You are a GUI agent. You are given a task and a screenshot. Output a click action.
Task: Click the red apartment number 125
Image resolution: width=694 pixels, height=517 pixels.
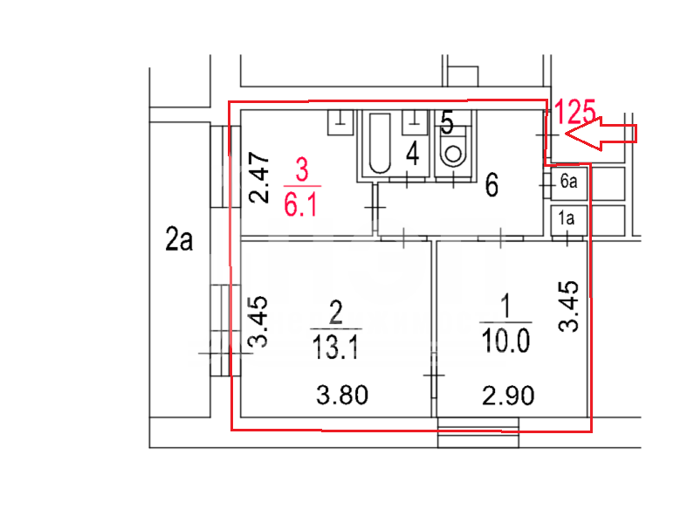tap(574, 112)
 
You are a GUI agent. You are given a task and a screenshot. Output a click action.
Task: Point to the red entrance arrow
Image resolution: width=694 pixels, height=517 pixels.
tap(601, 134)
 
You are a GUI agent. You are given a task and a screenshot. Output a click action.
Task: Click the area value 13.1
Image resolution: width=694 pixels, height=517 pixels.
tap(335, 347)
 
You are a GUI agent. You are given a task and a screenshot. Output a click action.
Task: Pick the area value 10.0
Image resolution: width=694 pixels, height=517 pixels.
tap(506, 341)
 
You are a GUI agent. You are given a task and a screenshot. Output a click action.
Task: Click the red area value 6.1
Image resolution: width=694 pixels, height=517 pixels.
tap(300, 205)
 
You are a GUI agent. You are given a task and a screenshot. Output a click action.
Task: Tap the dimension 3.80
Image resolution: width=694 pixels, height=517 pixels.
tap(342, 395)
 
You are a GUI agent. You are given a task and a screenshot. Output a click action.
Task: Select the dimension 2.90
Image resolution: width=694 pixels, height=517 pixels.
tap(508, 396)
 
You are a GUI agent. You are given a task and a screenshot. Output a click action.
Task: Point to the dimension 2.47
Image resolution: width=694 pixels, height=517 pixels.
tap(259, 177)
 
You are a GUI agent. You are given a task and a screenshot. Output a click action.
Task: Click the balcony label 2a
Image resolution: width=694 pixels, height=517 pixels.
tap(179, 239)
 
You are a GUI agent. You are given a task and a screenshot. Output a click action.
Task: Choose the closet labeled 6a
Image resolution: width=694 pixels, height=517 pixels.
tap(569, 182)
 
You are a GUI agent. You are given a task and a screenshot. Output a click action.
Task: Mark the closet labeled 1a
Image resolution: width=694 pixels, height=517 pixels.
tap(569, 219)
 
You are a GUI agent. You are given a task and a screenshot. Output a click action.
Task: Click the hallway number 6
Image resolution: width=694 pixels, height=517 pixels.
tap(491, 185)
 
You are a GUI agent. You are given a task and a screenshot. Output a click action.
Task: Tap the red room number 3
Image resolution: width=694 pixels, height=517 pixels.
tap(302, 169)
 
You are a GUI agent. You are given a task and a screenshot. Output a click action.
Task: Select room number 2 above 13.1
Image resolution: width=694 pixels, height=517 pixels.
tap(336, 313)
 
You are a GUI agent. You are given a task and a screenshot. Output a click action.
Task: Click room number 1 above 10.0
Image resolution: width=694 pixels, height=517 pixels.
tap(505, 307)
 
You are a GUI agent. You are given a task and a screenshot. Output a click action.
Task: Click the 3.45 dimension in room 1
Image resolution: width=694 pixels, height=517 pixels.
tap(568, 307)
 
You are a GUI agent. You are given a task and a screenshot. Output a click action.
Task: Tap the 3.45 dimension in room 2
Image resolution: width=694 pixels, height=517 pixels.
tap(258, 321)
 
